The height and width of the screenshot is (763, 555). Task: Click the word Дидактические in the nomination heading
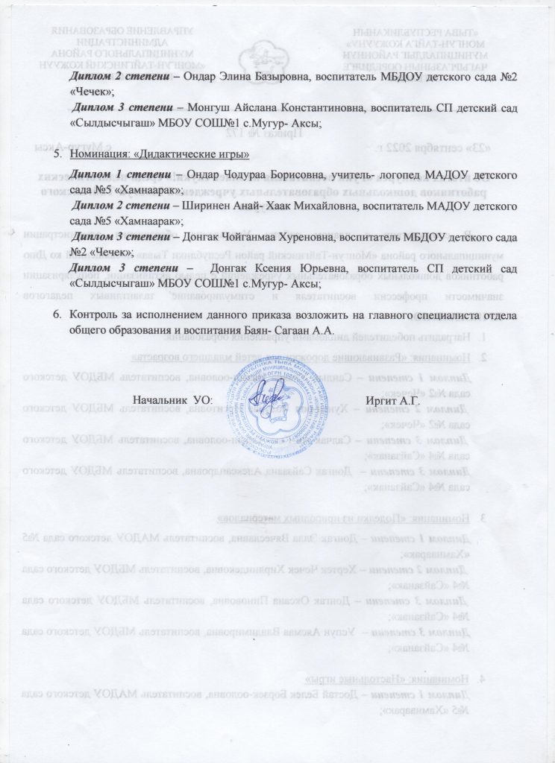[x=175, y=154]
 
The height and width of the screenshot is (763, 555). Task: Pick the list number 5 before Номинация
[x=57, y=154]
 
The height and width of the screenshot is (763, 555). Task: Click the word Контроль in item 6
[x=95, y=314]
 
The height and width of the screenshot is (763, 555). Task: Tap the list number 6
[x=57, y=314]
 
